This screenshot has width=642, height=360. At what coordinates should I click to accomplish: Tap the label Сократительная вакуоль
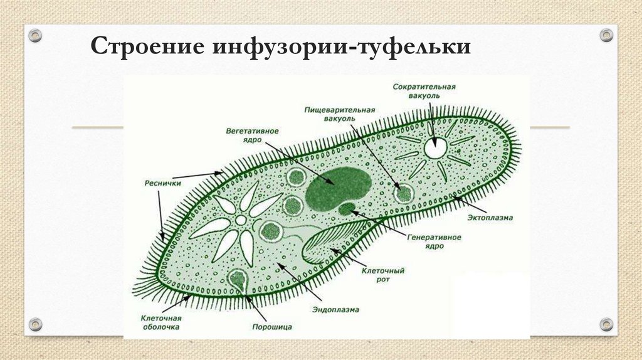(424, 91)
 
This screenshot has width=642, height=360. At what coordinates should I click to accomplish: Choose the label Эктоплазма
(490, 218)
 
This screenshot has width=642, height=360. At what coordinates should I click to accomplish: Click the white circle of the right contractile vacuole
(434, 148)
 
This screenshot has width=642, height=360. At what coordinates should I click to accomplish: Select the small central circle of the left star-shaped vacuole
(241, 220)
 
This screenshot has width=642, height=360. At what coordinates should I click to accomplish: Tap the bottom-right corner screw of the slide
(606, 324)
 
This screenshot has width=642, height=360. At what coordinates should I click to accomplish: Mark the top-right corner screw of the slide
(606, 34)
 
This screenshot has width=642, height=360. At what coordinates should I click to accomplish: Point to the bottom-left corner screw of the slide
(35, 324)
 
